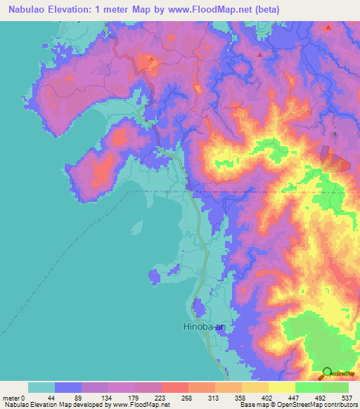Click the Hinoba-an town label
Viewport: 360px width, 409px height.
[x=205, y=327]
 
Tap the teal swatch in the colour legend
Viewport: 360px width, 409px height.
[x=41, y=387]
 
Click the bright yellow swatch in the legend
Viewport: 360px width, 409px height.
[x=281, y=387]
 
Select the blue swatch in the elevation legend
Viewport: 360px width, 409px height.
[x=68, y=387]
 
